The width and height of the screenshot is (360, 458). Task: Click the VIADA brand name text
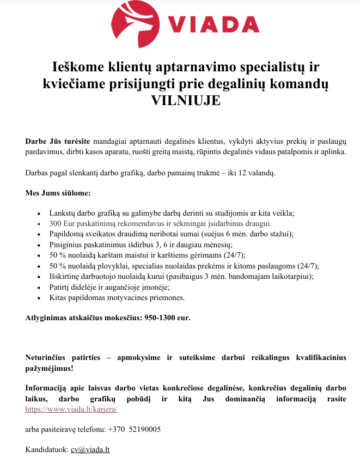(x=213, y=24)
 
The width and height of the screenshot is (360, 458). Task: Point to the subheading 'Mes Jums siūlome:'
(x=58, y=193)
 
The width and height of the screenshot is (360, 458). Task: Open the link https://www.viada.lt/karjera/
(x=71, y=409)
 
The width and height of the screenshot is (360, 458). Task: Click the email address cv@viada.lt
(x=90, y=449)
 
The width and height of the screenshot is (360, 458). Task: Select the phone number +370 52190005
(x=135, y=429)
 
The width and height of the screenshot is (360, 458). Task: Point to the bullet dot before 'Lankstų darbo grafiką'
(x=36, y=213)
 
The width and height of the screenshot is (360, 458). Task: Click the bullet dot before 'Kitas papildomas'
(x=36, y=298)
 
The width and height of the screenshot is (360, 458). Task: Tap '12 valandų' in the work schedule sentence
(x=257, y=173)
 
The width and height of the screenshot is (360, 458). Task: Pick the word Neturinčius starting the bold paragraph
(x=50, y=358)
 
